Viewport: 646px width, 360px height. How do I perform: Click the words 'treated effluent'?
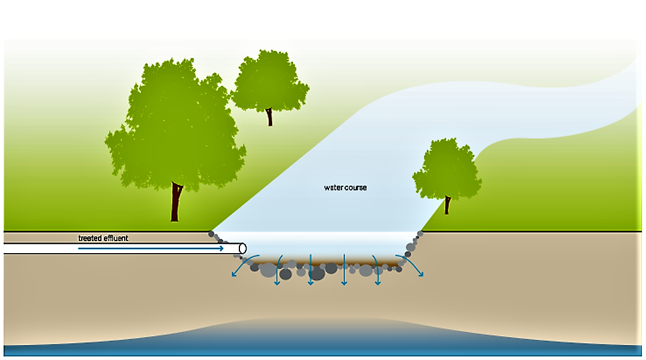103,238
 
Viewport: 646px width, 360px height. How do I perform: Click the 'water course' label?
345,187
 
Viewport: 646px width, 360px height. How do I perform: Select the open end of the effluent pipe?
242,248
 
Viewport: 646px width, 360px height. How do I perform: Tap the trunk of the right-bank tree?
447,205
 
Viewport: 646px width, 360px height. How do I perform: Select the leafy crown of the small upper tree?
269,81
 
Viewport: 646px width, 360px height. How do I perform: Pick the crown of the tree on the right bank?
447,170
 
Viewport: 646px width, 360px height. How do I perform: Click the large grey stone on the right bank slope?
411,247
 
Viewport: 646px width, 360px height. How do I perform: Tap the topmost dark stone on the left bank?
211,234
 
